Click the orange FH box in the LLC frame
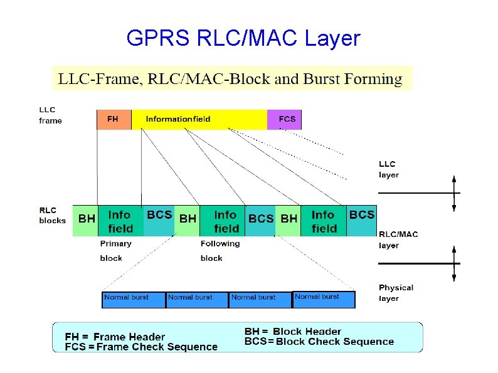click(114, 119)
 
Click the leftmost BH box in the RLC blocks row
click(86, 220)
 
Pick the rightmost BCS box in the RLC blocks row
click(361, 220)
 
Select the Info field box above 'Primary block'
click(120, 221)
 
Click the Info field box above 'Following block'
click(226, 221)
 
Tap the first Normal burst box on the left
click(134, 299)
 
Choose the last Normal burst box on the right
click(324, 299)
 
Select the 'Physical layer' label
click(396, 293)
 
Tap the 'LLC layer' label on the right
click(389, 169)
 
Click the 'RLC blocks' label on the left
click(52, 215)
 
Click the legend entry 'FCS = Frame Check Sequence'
click(141, 347)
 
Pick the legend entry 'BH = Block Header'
click(292, 331)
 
